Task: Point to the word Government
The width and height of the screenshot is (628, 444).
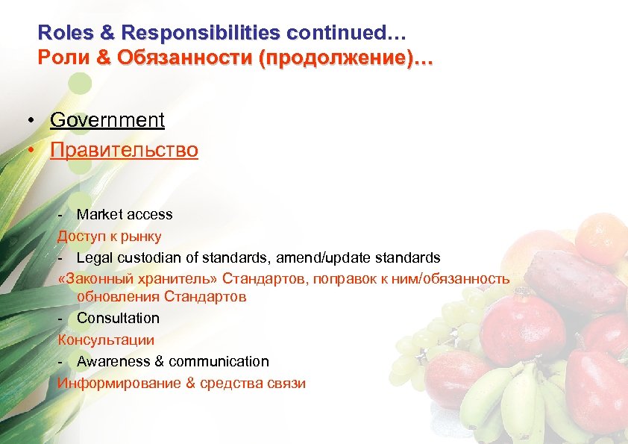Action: [x=107, y=119]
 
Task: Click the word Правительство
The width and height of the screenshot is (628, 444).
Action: [x=124, y=150]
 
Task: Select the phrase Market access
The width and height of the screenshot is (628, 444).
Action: [x=125, y=215]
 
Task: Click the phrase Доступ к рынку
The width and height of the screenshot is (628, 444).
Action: [x=110, y=236]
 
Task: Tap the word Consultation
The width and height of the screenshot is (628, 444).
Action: [x=118, y=318]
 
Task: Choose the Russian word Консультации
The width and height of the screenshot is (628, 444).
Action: [x=106, y=340]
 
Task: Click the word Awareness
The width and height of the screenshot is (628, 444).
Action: [x=110, y=361]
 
